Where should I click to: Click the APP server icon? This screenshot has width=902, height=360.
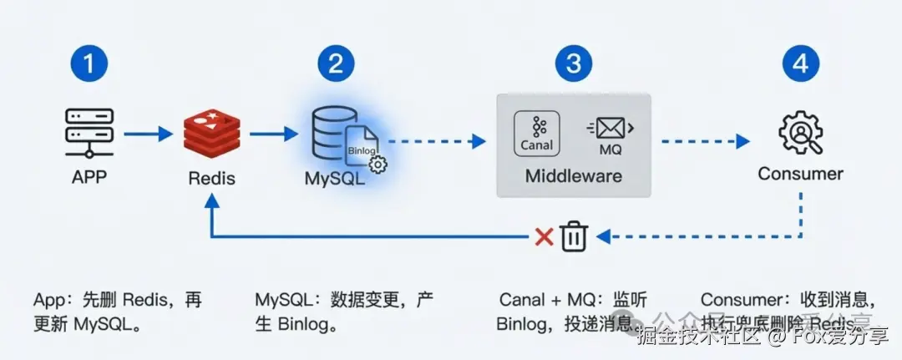tap(89, 133)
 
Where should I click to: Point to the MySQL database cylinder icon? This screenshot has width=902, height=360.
tap(327, 134)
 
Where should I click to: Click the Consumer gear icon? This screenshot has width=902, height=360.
tap(800, 133)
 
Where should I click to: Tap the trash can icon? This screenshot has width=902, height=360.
tap(574, 236)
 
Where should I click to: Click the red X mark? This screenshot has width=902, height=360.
tap(544, 237)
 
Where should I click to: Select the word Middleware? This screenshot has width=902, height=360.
tap(574, 177)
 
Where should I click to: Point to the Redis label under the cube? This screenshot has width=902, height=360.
tap(211, 178)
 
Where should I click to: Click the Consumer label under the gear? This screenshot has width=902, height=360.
tap(800, 174)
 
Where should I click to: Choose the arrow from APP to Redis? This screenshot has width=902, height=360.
tap(149, 133)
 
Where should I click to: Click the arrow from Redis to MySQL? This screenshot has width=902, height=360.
tap(273, 133)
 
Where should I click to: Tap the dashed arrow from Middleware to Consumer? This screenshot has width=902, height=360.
tap(702, 141)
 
